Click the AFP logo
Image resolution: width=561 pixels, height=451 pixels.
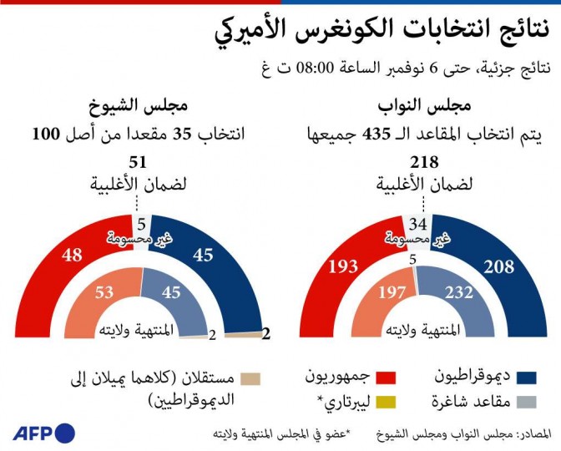pyautogui.click(x=43, y=433)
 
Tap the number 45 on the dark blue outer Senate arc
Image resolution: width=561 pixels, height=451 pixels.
pyautogui.click(x=203, y=255)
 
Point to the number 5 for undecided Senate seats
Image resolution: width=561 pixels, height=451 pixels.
pyautogui.click(x=142, y=223)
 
